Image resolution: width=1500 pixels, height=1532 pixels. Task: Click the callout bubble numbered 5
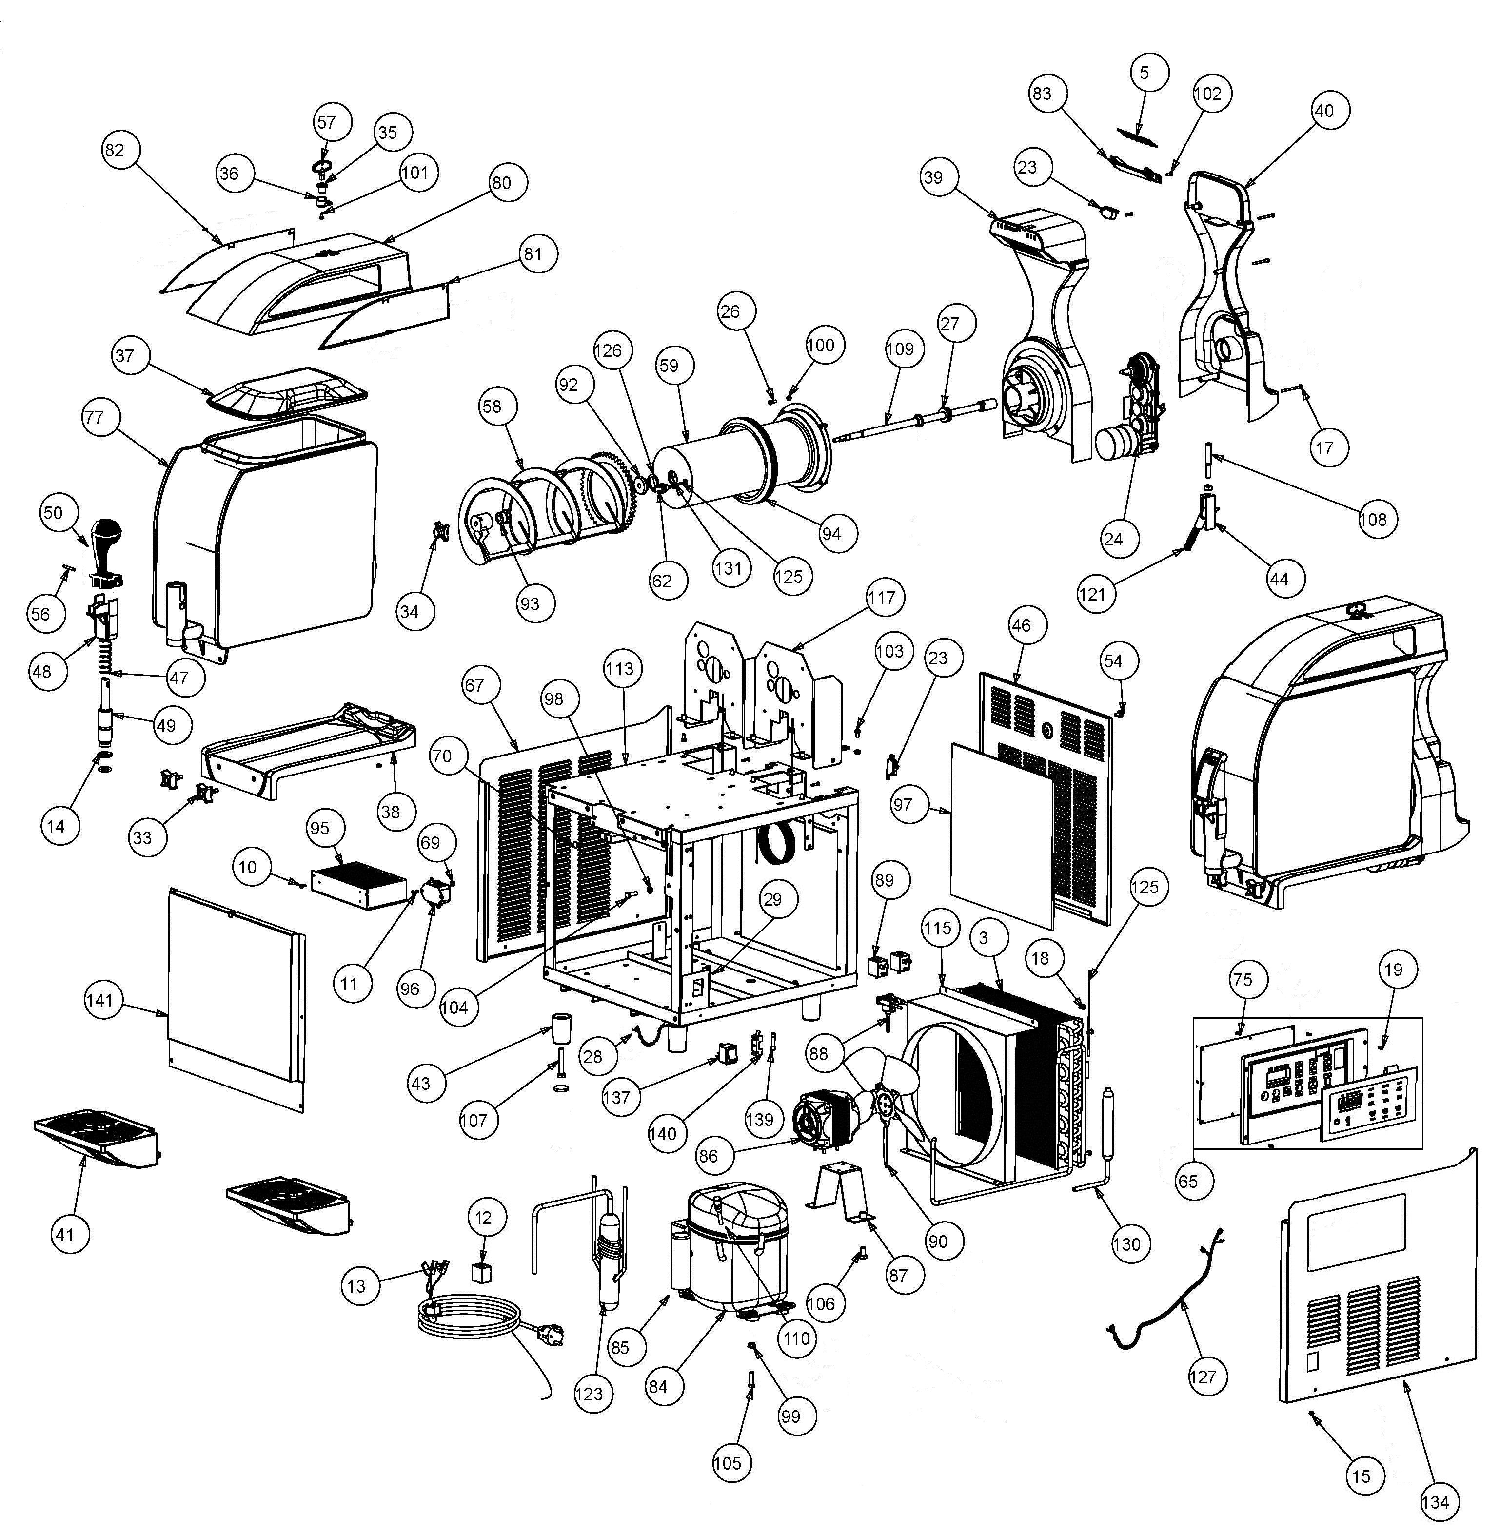coord(1145,73)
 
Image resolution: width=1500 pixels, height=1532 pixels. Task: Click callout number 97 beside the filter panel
coord(903,805)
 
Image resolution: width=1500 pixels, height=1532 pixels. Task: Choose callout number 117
coord(882,598)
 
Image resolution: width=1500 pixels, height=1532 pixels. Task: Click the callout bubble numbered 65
coord(1187,1182)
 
